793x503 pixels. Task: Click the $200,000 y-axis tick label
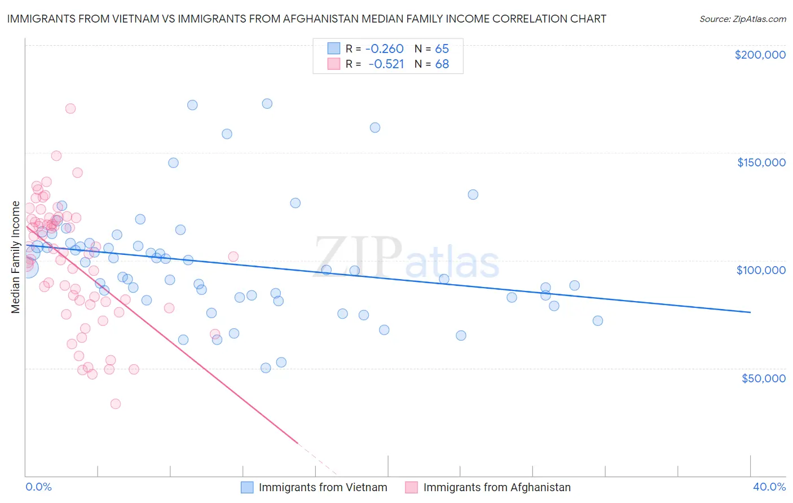[760, 55]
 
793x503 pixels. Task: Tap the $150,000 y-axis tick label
[761, 162]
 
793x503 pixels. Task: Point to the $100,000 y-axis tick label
[761, 270]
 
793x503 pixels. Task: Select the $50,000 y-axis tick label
[763, 378]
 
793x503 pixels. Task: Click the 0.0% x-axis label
[38, 487]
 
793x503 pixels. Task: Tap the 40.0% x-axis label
[769, 487]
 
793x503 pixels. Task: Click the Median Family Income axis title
[16, 257]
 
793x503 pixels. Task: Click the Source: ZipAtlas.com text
[742, 19]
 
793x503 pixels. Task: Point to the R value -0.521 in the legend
[386, 64]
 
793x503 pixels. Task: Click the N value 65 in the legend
[442, 49]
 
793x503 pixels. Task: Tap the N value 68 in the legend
[442, 64]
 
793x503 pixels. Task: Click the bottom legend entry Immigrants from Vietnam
[323, 487]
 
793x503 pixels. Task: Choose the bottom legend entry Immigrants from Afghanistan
[496, 487]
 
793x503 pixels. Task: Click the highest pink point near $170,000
[71, 108]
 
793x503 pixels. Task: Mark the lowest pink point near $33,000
[116, 404]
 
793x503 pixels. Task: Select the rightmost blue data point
[598, 321]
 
